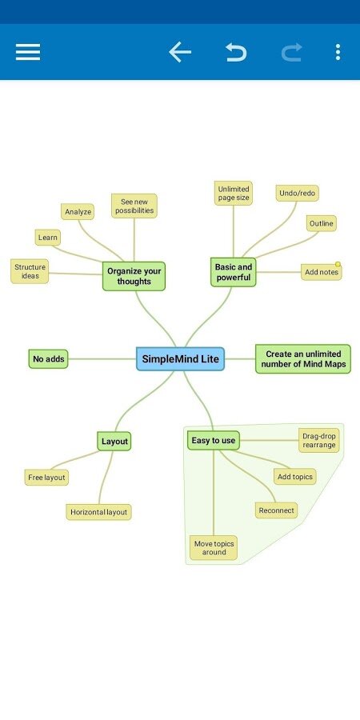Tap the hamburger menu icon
tap(28, 52)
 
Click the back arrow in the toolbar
tap(180, 52)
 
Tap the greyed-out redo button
tap(292, 52)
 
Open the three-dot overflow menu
tap(338, 52)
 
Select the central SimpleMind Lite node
tap(181, 358)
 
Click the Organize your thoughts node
tap(134, 276)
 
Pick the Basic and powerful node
tap(234, 272)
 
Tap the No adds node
tap(48, 358)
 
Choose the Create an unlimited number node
tap(303, 358)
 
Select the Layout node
tap(114, 442)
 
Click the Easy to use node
tap(214, 440)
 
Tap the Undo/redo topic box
tap(297, 194)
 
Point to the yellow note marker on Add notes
tap(338, 264)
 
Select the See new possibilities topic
tap(134, 206)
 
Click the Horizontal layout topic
tap(98, 512)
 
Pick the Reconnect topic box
tap(277, 510)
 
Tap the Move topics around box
tap(214, 547)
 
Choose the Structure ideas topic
tap(30, 271)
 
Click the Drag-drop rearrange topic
tap(319, 440)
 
